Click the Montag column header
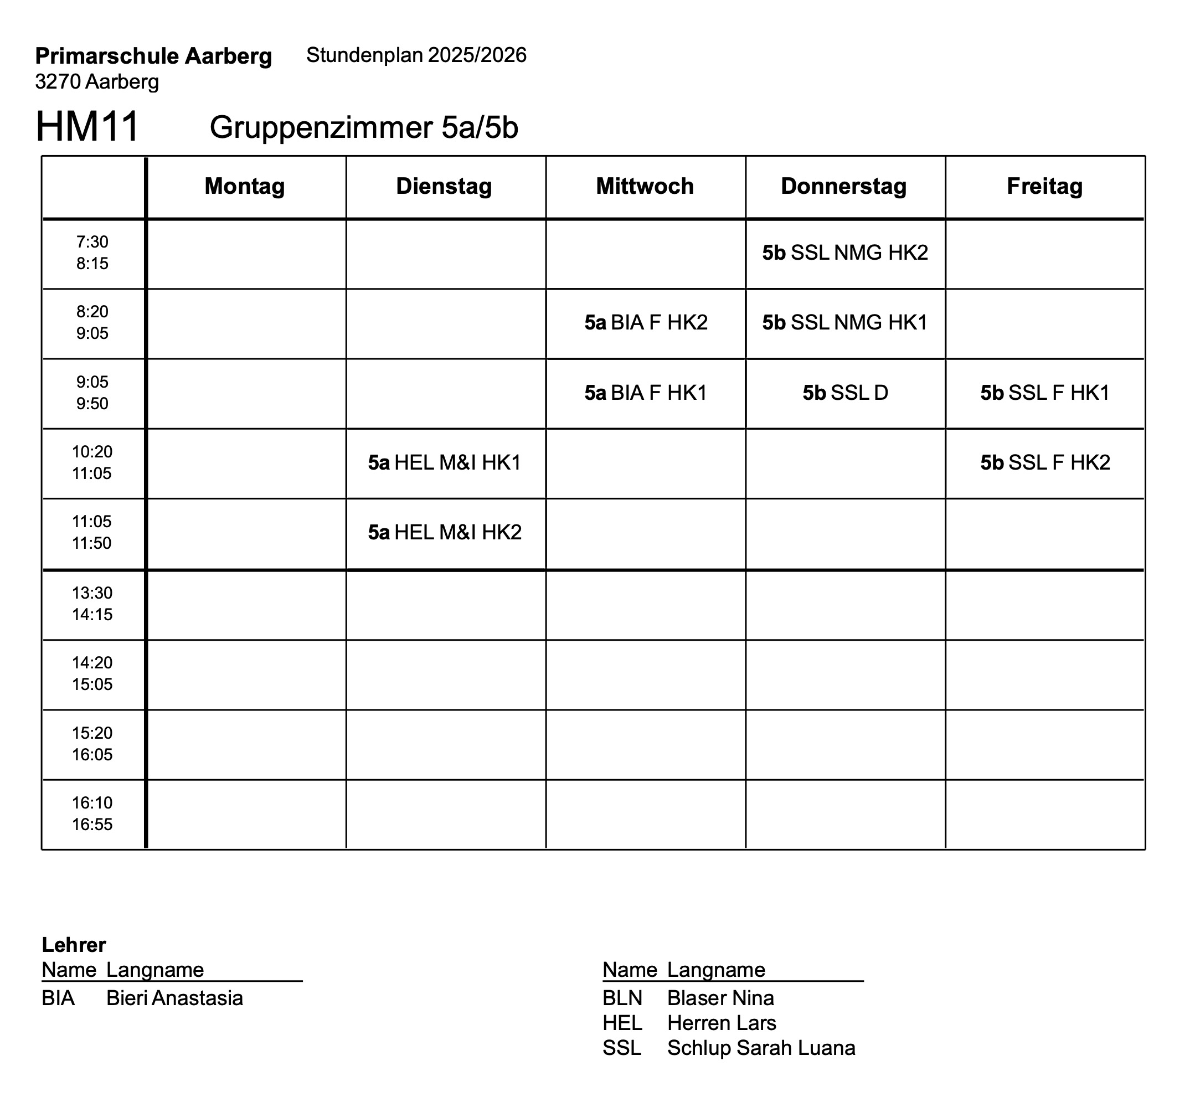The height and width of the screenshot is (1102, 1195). point(245,186)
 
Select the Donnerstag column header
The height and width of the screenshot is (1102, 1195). point(843,186)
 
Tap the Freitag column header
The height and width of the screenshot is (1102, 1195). point(1044,186)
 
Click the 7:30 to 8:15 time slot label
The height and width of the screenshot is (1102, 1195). point(92,253)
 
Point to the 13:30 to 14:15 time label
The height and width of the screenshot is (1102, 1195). point(92,604)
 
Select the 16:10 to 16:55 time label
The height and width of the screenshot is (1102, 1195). point(92,813)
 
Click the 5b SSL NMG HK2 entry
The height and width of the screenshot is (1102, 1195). point(845,253)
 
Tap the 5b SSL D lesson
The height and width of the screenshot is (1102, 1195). point(845,393)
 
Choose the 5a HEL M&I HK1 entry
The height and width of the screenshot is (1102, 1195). point(445,463)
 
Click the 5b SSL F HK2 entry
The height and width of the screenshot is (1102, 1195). point(1045,463)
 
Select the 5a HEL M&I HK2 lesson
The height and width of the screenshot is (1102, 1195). point(445,533)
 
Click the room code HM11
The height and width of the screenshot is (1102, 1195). point(87,126)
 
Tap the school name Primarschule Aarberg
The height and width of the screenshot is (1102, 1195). point(153,56)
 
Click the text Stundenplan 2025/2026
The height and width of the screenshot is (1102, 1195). point(416,55)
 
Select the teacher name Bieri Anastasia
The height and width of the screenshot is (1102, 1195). point(174,998)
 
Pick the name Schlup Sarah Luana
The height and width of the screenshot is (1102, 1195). point(761,1048)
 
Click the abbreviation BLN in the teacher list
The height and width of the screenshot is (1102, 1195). point(622,998)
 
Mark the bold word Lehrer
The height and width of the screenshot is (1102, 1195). point(74,945)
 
